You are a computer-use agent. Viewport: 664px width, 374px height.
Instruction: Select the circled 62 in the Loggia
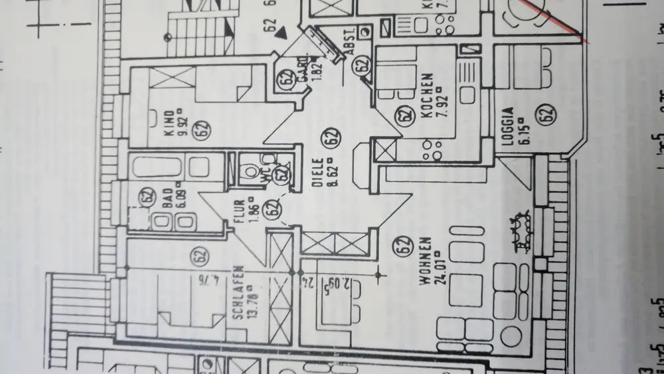[546, 115]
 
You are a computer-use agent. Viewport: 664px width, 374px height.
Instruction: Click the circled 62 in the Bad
[147, 197]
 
